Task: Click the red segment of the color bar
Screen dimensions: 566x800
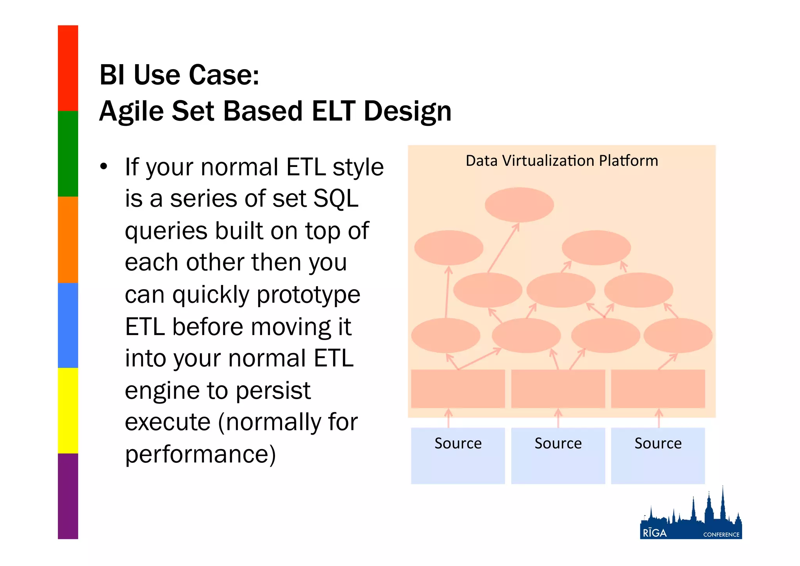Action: [x=68, y=68]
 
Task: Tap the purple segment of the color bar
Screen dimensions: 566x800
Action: [x=68, y=496]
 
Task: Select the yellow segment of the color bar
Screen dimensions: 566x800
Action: [x=68, y=410]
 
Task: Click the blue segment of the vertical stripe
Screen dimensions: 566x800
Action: [x=68, y=325]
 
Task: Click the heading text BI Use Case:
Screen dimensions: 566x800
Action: [x=179, y=75]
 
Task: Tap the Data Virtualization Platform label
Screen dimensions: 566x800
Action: [x=562, y=161]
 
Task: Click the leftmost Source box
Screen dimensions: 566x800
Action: [x=458, y=456]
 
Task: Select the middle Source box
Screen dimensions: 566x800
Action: [x=558, y=456]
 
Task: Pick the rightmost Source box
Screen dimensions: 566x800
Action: [x=658, y=456]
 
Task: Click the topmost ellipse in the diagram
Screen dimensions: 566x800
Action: [x=519, y=205]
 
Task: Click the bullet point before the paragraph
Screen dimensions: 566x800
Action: [x=104, y=167]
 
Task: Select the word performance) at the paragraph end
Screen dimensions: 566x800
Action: [x=200, y=454]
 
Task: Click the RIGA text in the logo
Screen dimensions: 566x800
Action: [x=655, y=533]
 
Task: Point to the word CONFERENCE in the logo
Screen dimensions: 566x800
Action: [x=721, y=535]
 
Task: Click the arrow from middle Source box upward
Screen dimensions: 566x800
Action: [x=558, y=418]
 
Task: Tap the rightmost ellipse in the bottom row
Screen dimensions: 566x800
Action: [x=678, y=335]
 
